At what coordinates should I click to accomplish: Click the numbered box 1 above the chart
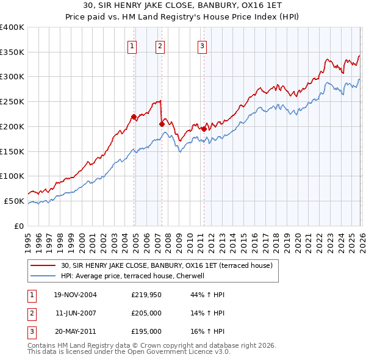coord(132,45)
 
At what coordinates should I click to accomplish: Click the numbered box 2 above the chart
coord(160,45)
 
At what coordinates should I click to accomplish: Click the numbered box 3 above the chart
coord(202,45)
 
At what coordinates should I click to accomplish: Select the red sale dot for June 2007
coord(162,124)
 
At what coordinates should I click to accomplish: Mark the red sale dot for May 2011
coord(204,129)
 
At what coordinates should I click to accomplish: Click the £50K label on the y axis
coord(14,201)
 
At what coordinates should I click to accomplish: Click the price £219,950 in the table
coord(146,295)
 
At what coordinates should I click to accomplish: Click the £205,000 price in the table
coord(146,313)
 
